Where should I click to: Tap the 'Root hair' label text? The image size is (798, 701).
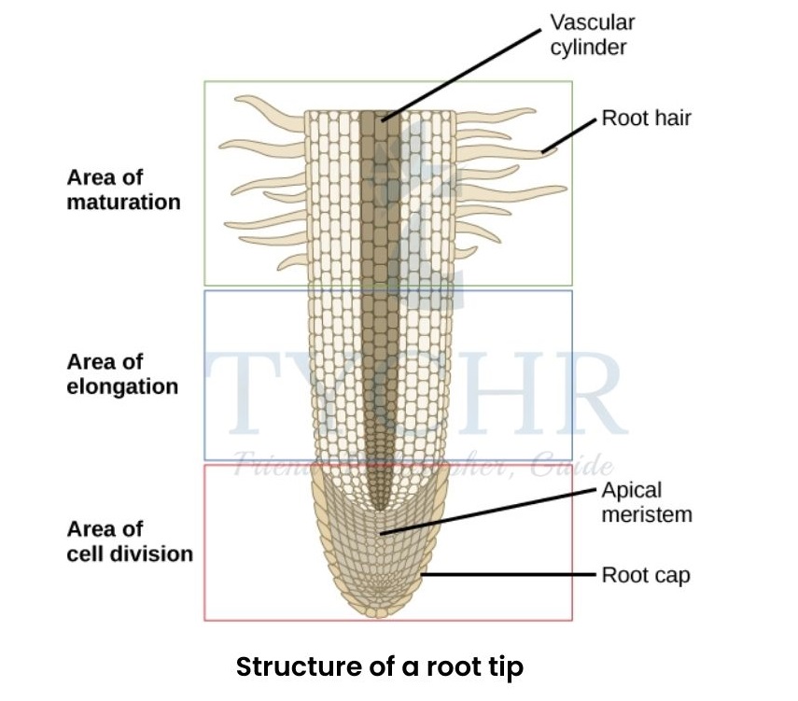point(646,119)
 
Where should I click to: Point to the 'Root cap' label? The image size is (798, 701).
point(646,575)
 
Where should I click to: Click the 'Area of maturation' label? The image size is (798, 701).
point(123,189)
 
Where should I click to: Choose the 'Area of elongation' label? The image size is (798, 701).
point(122,373)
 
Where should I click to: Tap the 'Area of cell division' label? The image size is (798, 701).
point(130,540)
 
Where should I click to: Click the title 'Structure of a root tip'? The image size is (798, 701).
point(379,667)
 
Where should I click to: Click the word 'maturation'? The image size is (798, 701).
point(123,202)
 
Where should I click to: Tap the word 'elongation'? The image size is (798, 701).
point(122,386)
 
